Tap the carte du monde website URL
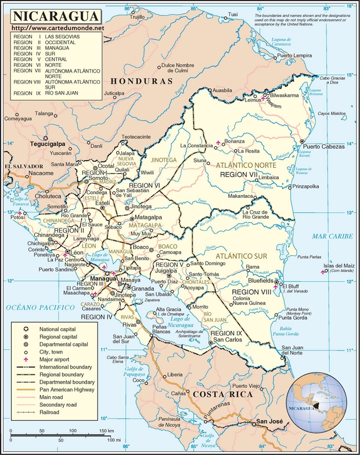58,28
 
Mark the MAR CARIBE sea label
332,236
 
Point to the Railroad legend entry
51,412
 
